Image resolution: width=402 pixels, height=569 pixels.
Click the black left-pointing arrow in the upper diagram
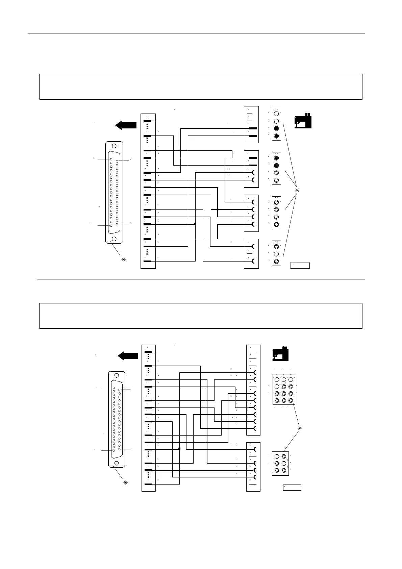[x=126, y=125]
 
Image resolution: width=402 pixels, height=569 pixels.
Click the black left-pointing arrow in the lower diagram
[x=128, y=356]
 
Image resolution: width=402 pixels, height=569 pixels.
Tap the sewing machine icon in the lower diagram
[x=281, y=353]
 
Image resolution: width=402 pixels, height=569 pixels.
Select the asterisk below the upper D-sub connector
[x=124, y=260]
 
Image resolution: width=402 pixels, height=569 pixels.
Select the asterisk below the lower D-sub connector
[x=126, y=483]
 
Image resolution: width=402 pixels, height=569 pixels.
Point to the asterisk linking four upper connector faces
[x=297, y=190]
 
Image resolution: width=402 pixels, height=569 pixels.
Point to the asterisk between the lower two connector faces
[x=299, y=429]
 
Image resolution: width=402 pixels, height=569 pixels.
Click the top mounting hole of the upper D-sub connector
[x=114, y=146]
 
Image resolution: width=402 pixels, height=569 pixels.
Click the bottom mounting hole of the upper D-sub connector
[x=114, y=239]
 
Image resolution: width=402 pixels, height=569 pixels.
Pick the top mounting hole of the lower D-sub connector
[x=117, y=375]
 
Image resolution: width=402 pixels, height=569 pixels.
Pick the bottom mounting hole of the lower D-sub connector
[x=117, y=463]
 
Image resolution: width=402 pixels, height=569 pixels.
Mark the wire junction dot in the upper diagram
[x=195, y=224]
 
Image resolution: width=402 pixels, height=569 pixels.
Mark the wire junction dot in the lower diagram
[x=179, y=449]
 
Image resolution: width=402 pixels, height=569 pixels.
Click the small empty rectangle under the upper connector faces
[x=300, y=265]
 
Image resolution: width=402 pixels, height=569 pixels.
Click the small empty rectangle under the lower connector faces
[x=292, y=487]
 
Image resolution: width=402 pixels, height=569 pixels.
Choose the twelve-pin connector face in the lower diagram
[x=284, y=390]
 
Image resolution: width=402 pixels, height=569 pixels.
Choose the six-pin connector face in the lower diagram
[x=280, y=463]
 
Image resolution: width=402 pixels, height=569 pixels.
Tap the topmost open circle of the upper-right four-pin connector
[x=276, y=114]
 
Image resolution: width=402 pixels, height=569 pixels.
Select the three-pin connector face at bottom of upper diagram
[x=276, y=253]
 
